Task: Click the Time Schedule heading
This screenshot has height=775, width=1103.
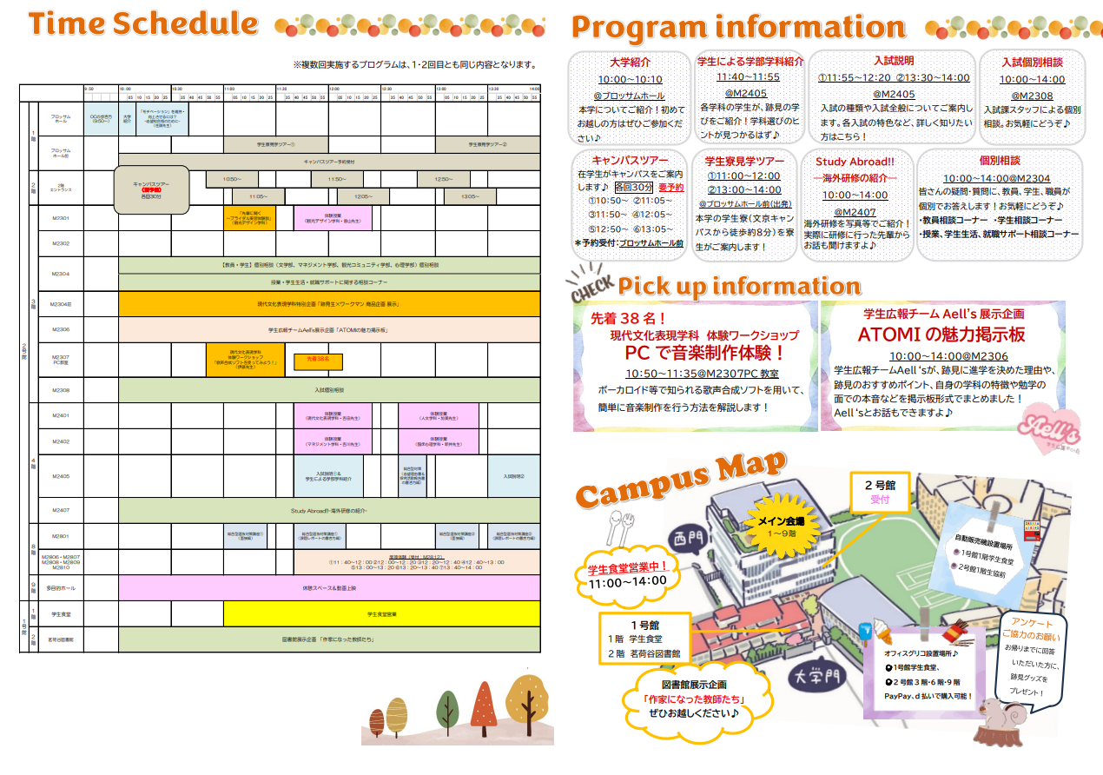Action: pos(143,24)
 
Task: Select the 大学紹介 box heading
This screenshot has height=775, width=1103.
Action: pos(630,63)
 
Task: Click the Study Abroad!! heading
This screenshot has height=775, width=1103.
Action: pos(854,162)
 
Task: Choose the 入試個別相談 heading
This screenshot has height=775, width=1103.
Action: pos(1031,63)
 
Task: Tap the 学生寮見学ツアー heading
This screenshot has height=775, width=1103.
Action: pos(744,161)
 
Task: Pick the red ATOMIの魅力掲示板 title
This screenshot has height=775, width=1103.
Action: pos(941,335)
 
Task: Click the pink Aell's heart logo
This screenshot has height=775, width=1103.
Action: pos(1046,427)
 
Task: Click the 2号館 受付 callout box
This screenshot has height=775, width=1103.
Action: pos(879,492)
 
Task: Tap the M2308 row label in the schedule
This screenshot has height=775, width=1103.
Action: pos(60,390)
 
